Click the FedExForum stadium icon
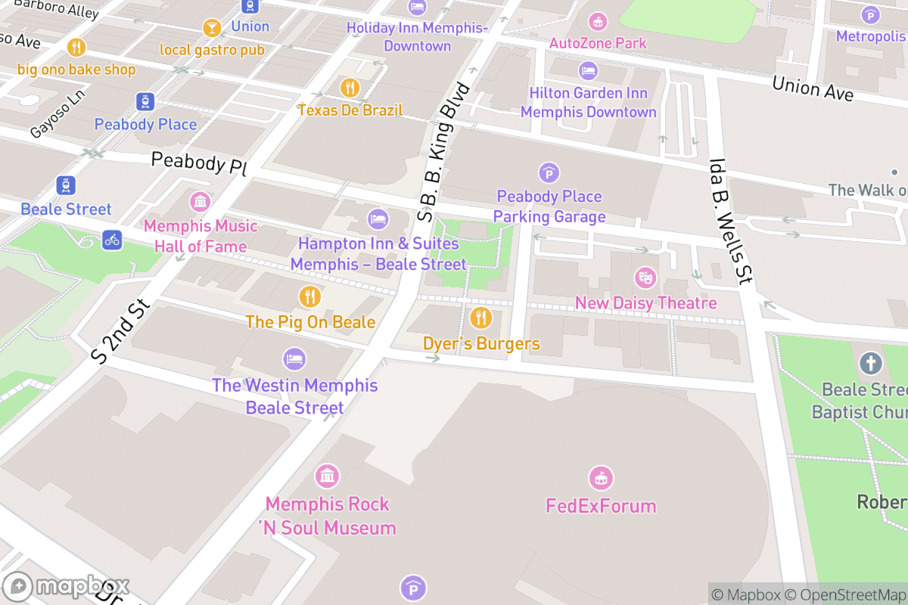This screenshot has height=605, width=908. coord(601,478)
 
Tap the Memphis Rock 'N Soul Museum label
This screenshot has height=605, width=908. coord(327,516)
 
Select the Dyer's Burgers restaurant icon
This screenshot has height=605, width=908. coord(480,317)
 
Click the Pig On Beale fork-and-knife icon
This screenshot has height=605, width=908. coord(309,296)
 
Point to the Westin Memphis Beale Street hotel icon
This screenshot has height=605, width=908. coord(294,358)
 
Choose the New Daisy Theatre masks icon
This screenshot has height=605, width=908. coord(645,278)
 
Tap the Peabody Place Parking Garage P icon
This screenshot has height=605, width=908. coord(549,173)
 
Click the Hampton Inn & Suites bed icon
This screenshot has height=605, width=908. coord(378,220)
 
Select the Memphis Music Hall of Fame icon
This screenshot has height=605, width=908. coord(200,202)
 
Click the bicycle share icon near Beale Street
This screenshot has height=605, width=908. coord(112,240)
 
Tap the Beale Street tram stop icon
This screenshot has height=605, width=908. coord(66,185)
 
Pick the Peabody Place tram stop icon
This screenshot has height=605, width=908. coord(145,101)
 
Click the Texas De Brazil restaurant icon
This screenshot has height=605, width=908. coord(349,87)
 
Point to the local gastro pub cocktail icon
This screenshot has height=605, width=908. coord(212,28)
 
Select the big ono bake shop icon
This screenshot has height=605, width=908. coord(76,47)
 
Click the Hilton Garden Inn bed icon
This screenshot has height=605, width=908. coord(588,71)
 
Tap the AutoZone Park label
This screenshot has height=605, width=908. coord(598,43)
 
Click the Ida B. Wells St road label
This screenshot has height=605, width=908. coord(729,221)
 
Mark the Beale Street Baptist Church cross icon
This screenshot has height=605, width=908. coord(870,364)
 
